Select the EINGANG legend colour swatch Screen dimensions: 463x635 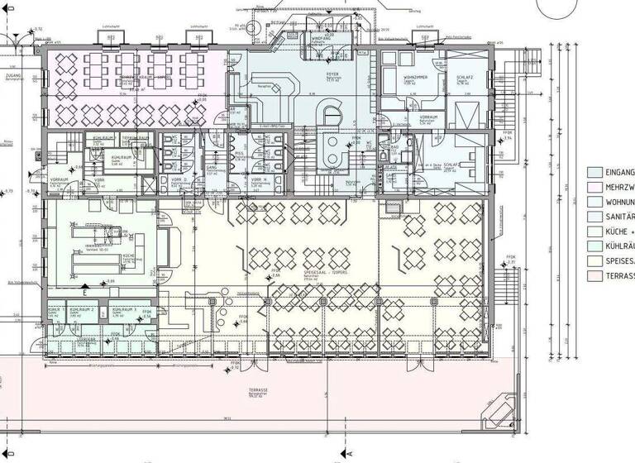pyautogui.click(x=594, y=172)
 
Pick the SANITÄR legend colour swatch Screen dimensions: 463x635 pyautogui.click(x=594, y=217)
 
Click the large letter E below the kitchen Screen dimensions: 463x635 pyautogui.click(x=84, y=293)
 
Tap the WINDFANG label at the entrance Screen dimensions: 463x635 pyautogui.click(x=322, y=38)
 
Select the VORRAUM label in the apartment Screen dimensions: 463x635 pyautogui.click(x=427, y=117)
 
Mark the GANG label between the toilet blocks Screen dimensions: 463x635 pyautogui.click(x=212, y=165)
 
